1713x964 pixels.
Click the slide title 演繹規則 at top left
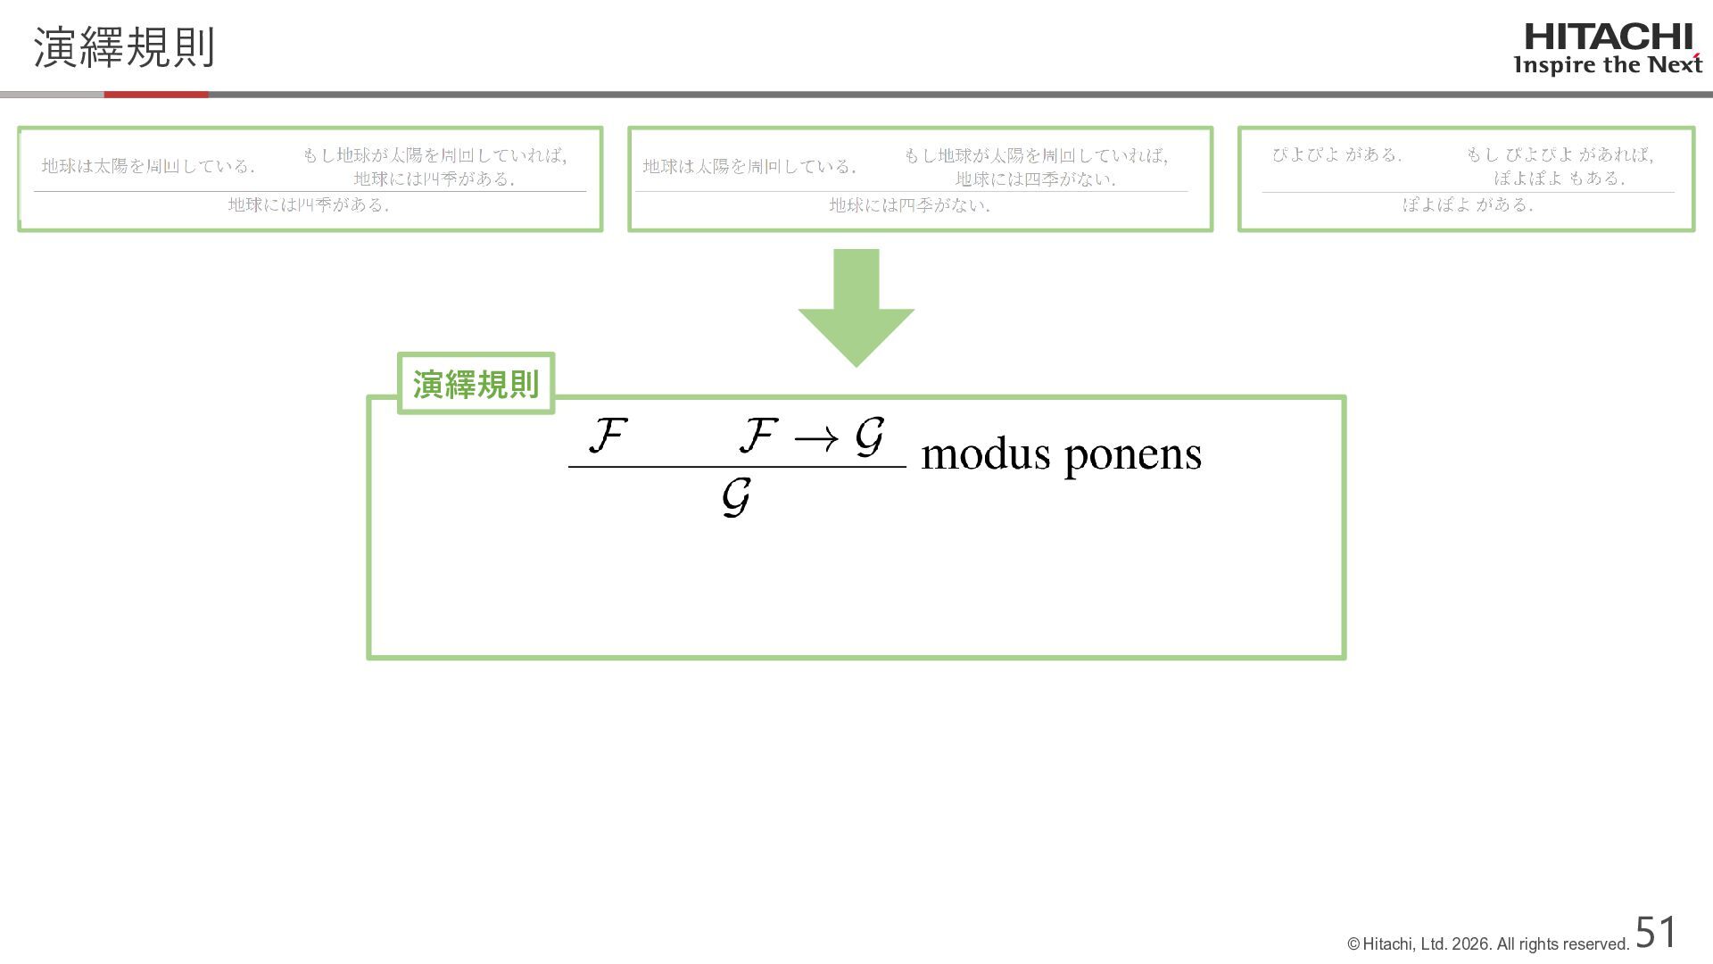124,47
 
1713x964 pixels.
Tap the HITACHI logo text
1608,37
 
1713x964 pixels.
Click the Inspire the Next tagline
1608,65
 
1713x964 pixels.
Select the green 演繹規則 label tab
476,384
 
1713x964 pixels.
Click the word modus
986,454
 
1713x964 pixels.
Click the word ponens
1133,456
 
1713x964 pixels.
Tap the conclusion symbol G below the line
736,497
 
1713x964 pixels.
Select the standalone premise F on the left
608,436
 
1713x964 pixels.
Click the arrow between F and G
815,438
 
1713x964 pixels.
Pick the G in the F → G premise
869,436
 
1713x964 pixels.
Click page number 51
1656,933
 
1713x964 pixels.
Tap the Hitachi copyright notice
1488,944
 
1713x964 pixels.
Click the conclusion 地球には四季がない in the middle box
909,205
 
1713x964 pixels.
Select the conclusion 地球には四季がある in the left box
308,205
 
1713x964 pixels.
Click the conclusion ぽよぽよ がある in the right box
1468,205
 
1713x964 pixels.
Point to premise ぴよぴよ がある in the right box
1336,154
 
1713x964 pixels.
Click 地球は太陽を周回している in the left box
148,166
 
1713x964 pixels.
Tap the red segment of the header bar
156,94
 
